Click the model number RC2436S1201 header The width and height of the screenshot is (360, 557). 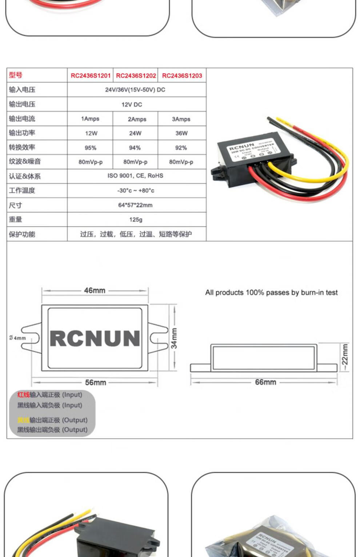pos(90,76)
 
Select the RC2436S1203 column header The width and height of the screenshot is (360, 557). pos(182,76)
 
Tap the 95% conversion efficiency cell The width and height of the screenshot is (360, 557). pos(90,148)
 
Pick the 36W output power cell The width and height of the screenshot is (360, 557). pos(181,133)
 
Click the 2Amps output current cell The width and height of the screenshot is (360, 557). pos(137,119)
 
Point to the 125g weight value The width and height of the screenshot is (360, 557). pos(136,219)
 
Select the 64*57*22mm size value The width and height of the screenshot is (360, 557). pos(135,205)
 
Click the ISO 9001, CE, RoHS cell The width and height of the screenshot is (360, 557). pos(135,176)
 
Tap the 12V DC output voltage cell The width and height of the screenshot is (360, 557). pos(132,105)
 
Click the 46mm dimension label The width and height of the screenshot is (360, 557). pos(95,291)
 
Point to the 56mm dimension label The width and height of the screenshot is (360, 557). pos(96,383)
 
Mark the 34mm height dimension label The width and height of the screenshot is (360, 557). pos(175,338)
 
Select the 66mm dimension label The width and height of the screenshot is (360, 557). pos(265,382)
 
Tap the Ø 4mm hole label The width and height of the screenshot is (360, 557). pos(17,338)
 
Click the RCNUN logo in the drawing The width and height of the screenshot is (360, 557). pos(95,338)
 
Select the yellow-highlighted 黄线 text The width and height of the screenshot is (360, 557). pos(23,420)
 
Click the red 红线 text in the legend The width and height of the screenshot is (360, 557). pos(23,395)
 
